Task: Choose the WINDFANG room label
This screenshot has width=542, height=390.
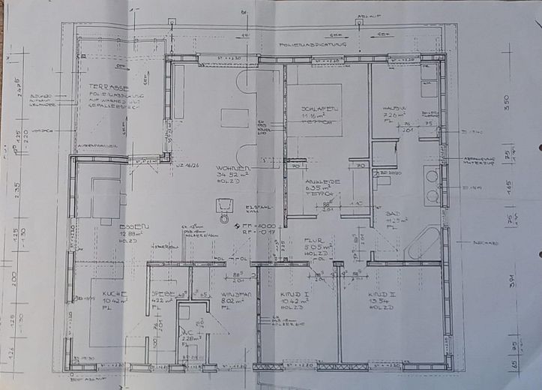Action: click(237, 294)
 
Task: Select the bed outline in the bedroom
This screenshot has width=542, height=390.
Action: click(316, 109)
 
